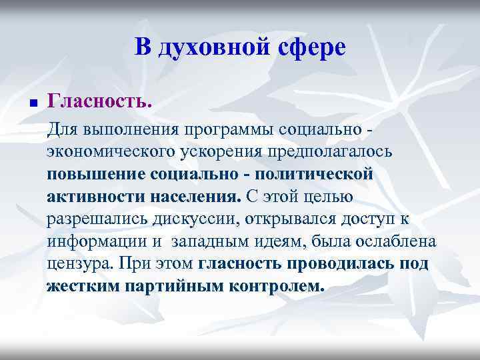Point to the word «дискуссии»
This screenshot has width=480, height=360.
point(209,220)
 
